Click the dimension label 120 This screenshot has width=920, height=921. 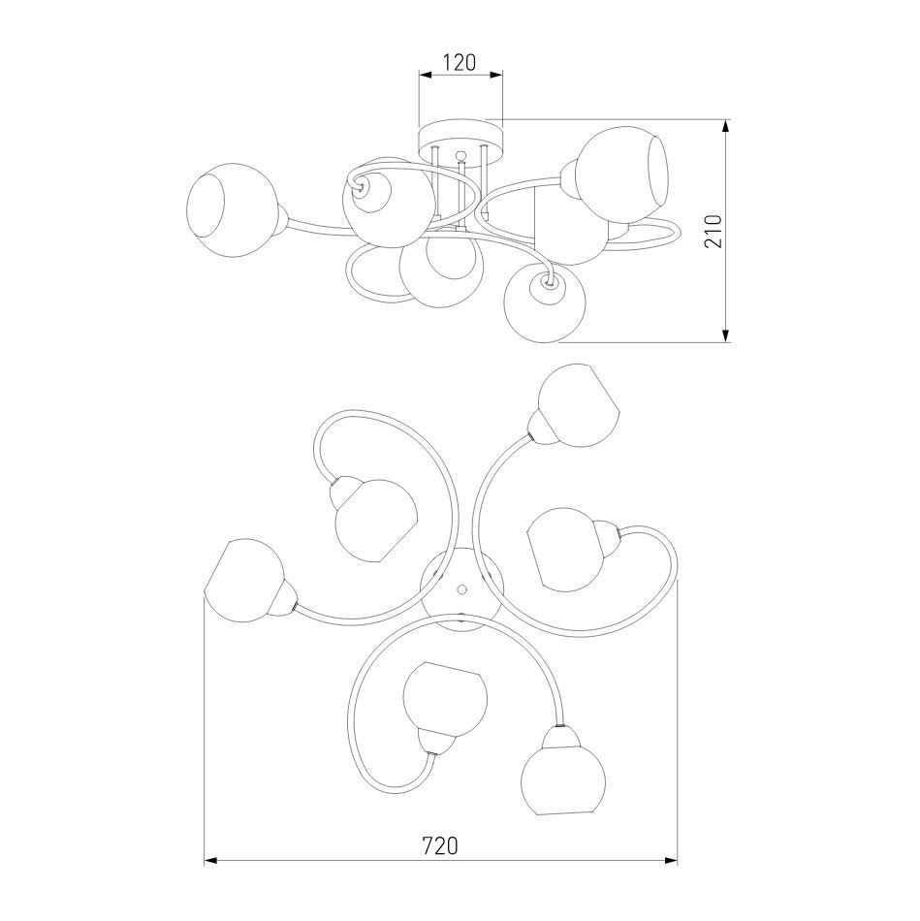[x=460, y=62]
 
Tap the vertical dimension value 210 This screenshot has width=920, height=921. [x=713, y=232]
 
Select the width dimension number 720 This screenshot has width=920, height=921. [x=440, y=845]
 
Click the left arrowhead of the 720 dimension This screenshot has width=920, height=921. [x=210, y=861]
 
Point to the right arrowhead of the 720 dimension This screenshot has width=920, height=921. [x=670, y=861]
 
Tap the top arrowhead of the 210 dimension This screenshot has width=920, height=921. [x=727, y=126]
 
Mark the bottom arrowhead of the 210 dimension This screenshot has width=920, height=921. [x=727, y=334]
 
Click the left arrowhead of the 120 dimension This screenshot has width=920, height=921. [x=426, y=75]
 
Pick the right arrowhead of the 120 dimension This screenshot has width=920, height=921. [x=496, y=75]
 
